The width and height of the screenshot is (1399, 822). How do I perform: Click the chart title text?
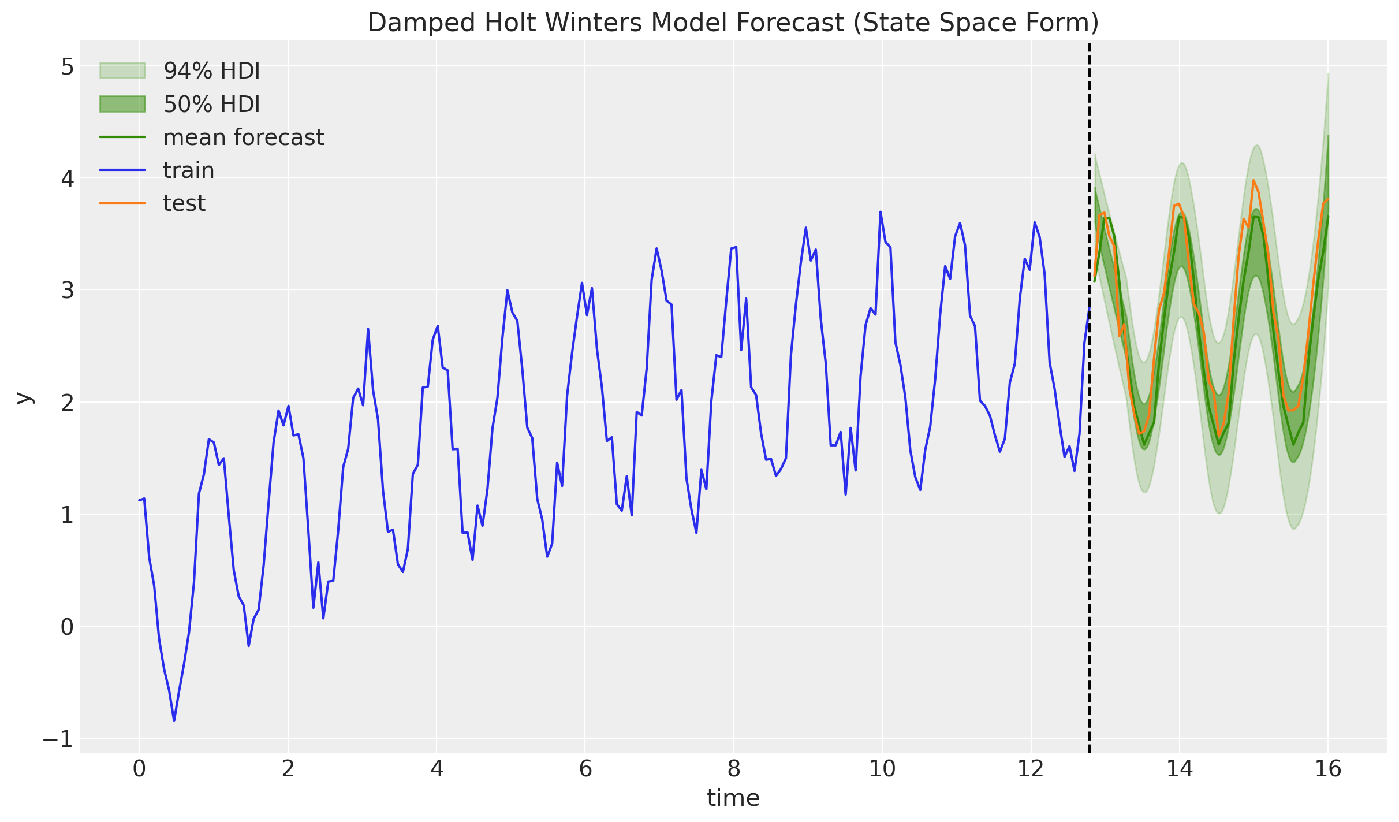pyautogui.click(x=733, y=23)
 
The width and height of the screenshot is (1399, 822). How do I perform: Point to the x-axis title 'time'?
pyautogui.click(x=733, y=798)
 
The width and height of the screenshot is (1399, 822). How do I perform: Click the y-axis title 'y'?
pyautogui.click(x=24, y=397)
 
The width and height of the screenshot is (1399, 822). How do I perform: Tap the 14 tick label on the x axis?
pyautogui.click(x=1179, y=769)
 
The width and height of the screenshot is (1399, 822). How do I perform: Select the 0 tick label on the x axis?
pyautogui.click(x=139, y=769)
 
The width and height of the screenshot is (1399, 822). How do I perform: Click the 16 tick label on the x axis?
pyautogui.click(x=1327, y=769)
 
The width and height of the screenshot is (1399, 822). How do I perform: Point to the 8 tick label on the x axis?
pyautogui.click(x=733, y=769)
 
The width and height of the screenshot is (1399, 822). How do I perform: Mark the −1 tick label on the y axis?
pyautogui.click(x=58, y=739)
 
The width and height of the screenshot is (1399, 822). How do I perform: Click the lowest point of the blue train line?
pyautogui.click(x=174, y=721)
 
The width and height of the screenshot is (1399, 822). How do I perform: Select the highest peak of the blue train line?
pyautogui.click(x=881, y=212)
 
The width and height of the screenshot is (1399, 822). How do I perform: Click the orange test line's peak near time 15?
pyautogui.click(x=1253, y=181)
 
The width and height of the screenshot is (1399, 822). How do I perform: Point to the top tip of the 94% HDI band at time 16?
pyautogui.click(x=1328, y=73)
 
